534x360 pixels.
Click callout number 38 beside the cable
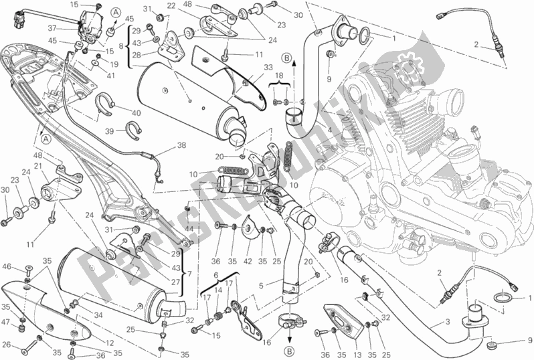pos(163,145)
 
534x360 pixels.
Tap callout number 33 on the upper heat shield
pos(250,67)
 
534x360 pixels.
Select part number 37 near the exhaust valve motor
pos(70,28)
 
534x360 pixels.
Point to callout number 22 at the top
pos(171,5)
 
